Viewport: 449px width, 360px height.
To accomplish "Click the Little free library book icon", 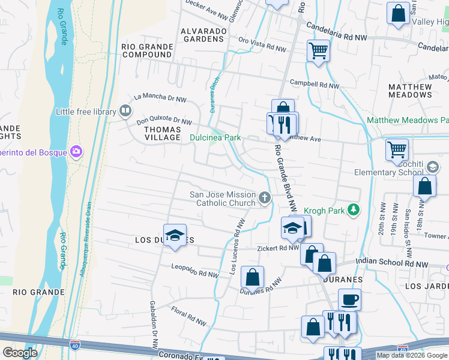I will coord(125,110).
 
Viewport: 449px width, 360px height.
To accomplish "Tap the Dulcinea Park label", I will coord(215,137).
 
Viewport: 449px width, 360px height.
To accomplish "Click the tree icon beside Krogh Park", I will coord(354,209).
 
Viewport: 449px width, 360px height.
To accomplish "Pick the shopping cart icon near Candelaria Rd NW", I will coord(318,50).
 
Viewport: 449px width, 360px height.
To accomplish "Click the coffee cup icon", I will coord(349,299).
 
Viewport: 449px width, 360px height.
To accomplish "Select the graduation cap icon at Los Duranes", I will coord(175,235).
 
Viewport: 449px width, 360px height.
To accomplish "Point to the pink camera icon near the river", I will coord(76,150).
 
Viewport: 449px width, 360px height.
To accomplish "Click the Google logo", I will coord(20,353).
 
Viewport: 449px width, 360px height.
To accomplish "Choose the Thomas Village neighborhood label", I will coord(154,133).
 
